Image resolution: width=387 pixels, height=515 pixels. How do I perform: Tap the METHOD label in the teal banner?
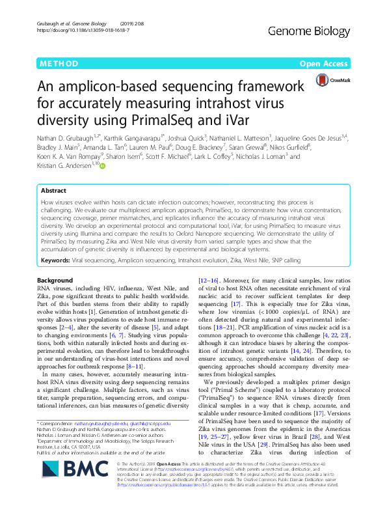point(59,64)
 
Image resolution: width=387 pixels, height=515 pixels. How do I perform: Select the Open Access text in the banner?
point(325,64)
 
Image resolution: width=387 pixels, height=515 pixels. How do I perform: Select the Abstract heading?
point(53,191)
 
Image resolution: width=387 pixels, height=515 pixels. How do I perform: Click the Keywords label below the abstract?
point(55,260)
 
